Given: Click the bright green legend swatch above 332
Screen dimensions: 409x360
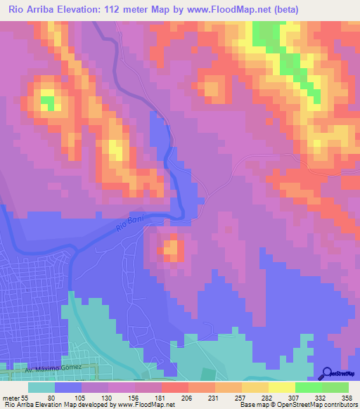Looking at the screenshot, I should click(309, 387).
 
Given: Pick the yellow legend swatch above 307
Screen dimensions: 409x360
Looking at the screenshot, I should click(282, 387).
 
